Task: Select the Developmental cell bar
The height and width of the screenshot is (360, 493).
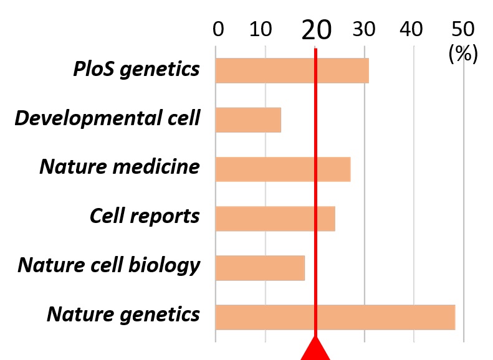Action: [x=248, y=120]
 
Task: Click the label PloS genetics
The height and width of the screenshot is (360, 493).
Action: [x=136, y=69]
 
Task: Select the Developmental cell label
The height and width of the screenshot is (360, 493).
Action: [x=107, y=118]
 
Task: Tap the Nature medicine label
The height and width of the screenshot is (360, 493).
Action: [x=120, y=167]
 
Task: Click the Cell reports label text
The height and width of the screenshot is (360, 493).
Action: [x=145, y=216]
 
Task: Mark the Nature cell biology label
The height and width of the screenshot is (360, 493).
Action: [x=109, y=265]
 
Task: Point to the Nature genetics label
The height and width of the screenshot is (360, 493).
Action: [x=123, y=315]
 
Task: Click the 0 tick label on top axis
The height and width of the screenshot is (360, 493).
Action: [x=218, y=30]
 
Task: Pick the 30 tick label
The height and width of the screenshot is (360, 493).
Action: [x=365, y=30]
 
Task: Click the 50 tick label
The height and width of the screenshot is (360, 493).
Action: [x=462, y=30]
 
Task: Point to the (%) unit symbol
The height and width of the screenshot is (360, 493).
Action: [x=462, y=54]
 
